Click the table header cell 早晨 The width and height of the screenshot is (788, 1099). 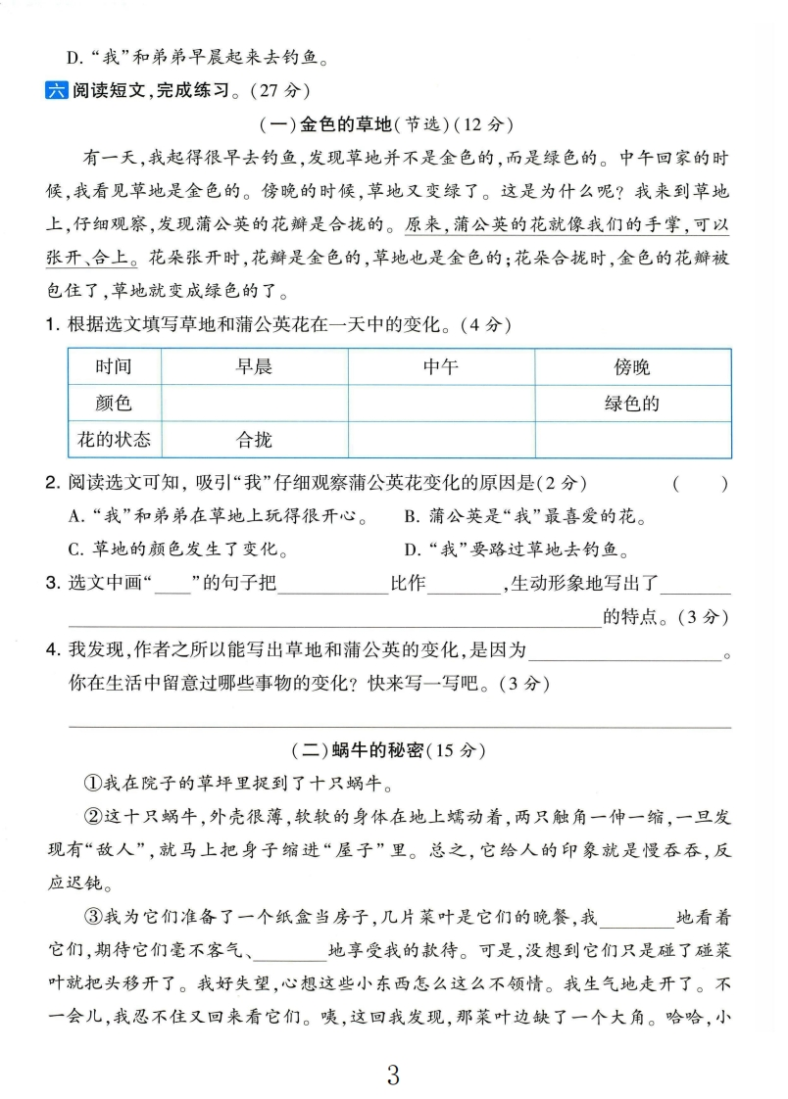[x=254, y=367]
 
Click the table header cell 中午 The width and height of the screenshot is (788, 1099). [x=440, y=367]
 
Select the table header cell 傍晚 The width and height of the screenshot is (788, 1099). [x=632, y=367]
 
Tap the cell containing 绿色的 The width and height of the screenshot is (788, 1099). [x=632, y=404]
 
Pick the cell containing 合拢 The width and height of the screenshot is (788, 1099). [x=254, y=440]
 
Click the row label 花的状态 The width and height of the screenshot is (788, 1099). [x=114, y=440]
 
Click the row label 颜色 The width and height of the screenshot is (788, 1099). [x=114, y=404]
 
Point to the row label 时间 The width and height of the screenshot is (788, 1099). [x=114, y=367]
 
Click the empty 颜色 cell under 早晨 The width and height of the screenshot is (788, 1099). [x=254, y=404]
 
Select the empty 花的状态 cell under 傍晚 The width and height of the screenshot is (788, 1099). [x=632, y=440]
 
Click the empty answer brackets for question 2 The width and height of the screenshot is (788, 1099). [x=700, y=483]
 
